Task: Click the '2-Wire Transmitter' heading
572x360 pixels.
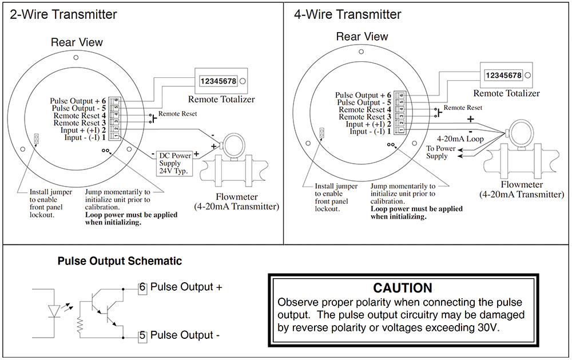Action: tap(63, 14)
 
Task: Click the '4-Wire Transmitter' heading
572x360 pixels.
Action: tap(348, 14)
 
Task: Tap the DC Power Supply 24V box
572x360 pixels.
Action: tap(174, 163)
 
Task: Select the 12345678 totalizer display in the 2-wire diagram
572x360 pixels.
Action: tap(218, 82)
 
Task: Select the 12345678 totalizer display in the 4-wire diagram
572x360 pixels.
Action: tap(503, 76)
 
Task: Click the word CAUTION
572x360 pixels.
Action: tap(403, 287)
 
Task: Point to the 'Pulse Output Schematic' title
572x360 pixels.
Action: tap(120, 261)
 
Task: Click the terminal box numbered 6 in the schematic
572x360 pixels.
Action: tap(143, 287)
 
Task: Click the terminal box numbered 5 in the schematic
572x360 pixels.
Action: tap(143, 335)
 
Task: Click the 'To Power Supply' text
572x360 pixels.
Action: tap(440, 152)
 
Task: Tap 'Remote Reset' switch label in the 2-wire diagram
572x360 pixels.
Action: tap(177, 114)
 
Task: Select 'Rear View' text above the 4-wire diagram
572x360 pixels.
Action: tap(362, 37)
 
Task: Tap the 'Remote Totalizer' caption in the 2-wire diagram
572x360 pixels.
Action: tap(221, 100)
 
